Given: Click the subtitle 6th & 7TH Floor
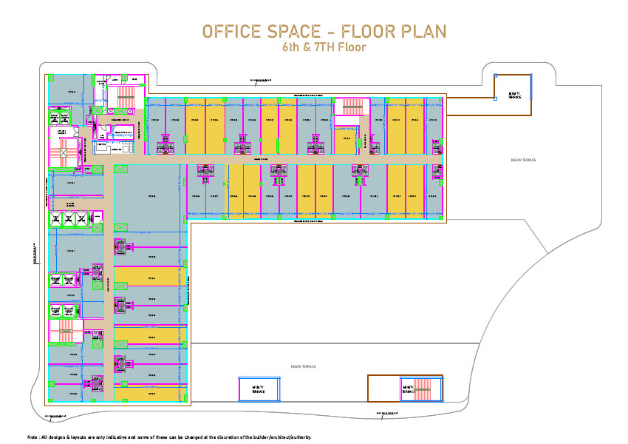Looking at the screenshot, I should tap(324, 47).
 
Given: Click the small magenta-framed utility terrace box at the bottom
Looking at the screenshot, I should tap(259, 388).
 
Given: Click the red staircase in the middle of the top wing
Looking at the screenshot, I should tap(351, 107).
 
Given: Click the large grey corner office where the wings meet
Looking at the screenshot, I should tap(146, 195).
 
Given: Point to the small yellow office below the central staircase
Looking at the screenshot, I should tap(345, 138).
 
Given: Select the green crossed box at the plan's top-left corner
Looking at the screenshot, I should tap(51, 75).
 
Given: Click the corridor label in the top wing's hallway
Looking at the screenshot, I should tap(260, 158).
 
